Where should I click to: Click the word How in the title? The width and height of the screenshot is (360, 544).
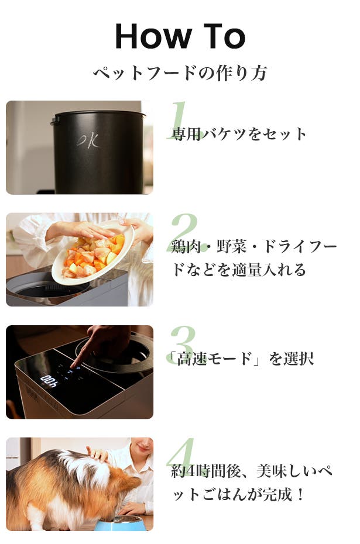pos(153,36)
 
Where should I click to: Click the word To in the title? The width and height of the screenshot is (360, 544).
pos(224,36)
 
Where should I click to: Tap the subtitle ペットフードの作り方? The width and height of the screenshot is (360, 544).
pos(180,73)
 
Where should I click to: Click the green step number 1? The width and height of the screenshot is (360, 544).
pos(182,120)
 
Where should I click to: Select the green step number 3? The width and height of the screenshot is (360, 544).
pos(183,345)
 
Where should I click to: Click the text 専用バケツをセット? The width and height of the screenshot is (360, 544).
pos(239,134)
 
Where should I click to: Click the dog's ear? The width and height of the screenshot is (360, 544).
pos(128,481)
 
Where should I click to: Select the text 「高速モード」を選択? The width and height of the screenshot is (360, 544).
pos(240,359)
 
